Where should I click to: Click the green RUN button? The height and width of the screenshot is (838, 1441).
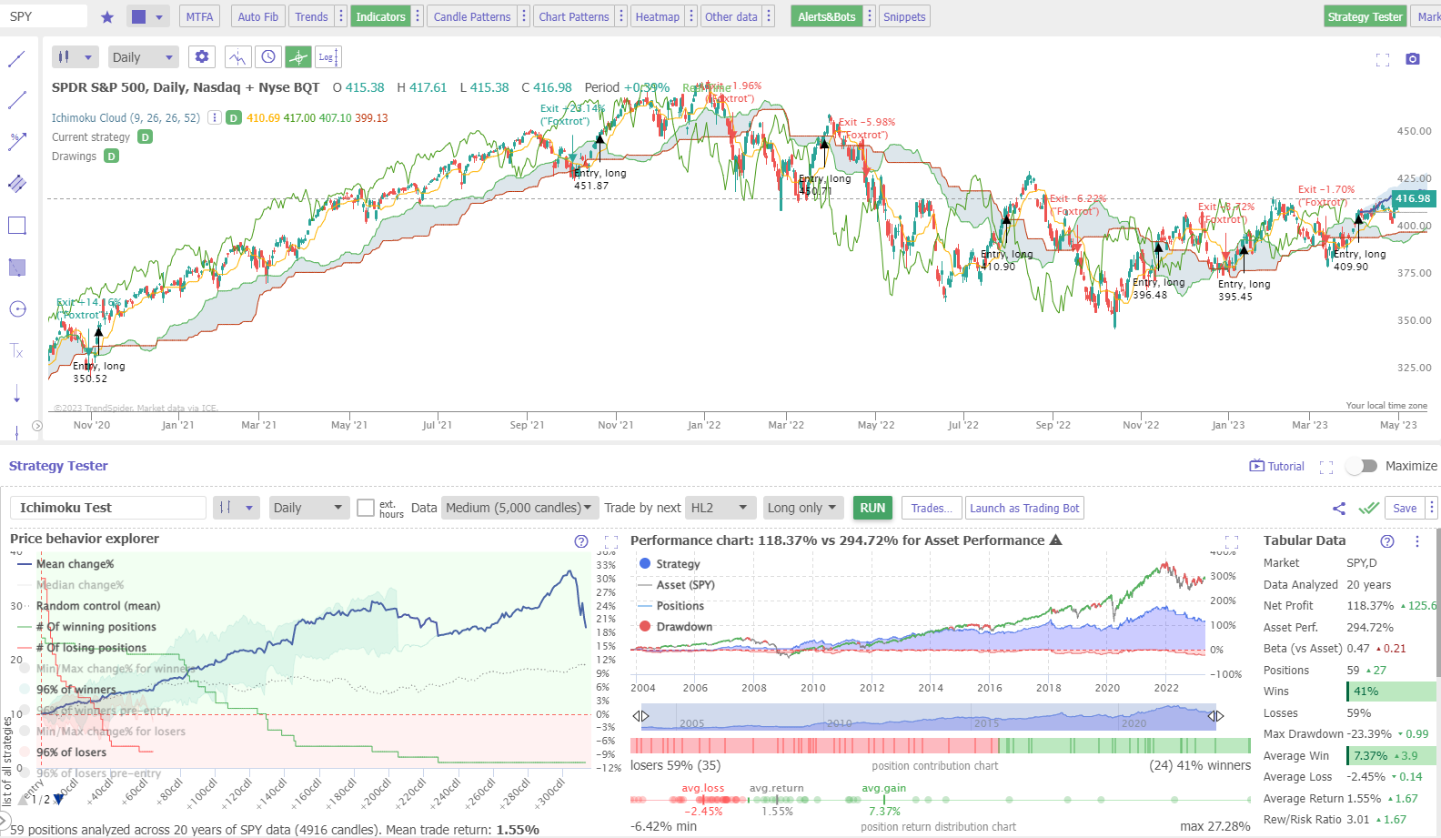(872, 508)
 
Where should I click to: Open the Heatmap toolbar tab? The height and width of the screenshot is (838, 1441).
(657, 16)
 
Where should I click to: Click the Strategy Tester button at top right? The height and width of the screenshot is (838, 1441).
(1365, 16)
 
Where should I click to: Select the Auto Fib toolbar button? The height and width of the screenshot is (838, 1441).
(257, 16)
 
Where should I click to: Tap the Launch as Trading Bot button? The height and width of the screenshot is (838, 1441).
(1024, 508)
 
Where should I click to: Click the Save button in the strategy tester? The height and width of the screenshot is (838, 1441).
(1404, 508)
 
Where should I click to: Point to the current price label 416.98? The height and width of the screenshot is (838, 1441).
(1412, 198)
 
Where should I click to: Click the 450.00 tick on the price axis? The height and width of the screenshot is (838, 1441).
(1414, 131)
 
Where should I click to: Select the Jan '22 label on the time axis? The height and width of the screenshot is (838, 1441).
(703, 425)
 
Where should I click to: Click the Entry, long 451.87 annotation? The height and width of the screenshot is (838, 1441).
(600, 179)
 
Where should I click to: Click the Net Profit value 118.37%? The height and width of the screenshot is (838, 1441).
(1370, 606)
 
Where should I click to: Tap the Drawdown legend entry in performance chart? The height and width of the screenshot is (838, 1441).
(683, 627)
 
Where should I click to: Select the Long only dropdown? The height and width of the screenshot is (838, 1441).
(801, 508)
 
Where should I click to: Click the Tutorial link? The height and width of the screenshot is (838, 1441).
(1277, 466)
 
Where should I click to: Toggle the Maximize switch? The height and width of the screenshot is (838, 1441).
(1362, 466)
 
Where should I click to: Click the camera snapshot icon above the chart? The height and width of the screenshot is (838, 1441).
(1412, 59)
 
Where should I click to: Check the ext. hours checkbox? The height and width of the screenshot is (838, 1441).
(366, 508)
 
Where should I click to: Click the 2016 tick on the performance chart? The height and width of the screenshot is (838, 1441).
(989, 688)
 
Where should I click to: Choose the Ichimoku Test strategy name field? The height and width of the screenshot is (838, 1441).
(107, 508)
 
